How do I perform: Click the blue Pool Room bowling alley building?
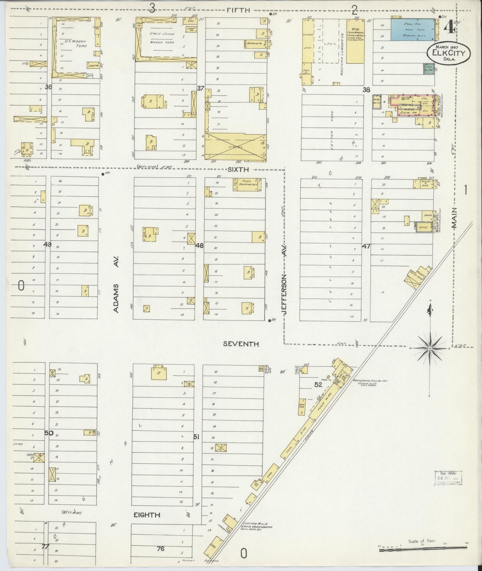tap(413, 30)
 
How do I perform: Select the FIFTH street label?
tap(238, 10)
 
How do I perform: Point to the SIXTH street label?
tap(238, 170)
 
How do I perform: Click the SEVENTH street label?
tap(241, 344)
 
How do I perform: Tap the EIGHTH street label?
tap(147, 524)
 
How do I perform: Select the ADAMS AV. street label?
tap(116, 298)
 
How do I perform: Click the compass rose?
tap(430, 348)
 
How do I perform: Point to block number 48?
tap(199, 246)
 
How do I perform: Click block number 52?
tap(318, 385)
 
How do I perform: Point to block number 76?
tap(161, 549)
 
